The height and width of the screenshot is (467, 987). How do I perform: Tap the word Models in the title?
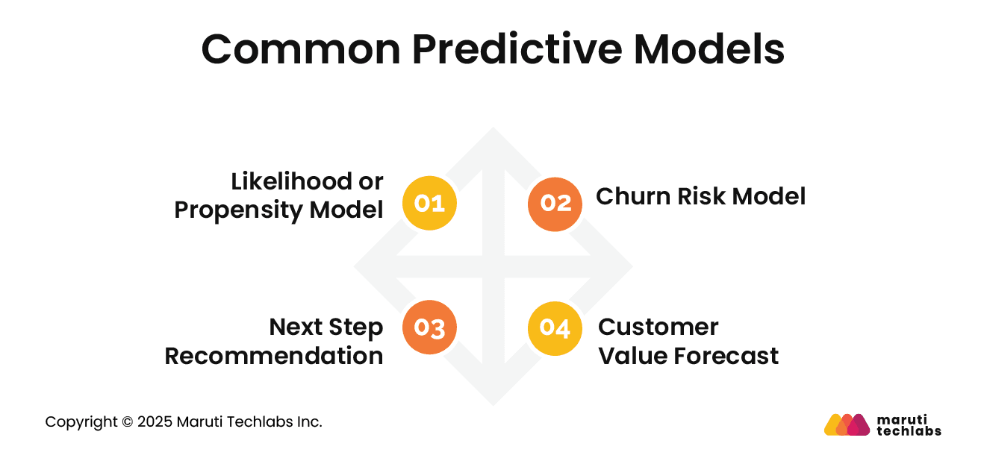[709, 50]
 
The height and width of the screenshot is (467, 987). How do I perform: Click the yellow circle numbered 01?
[429, 204]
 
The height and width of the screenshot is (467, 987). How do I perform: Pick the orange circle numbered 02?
[555, 204]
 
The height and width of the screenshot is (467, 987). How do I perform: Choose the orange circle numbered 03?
[429, 327]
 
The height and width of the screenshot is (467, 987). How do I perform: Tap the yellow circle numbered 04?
[555, 327]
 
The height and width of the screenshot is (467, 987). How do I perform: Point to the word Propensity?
[239, 210]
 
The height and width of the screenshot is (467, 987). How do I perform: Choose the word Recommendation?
[274, 356]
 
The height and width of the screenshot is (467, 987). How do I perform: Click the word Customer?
[658, 327]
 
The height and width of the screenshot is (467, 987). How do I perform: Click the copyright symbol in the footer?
[126, 422]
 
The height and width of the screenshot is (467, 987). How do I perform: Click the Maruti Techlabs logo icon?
[847, 424]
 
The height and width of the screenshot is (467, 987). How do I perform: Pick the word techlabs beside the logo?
[909, 431]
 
